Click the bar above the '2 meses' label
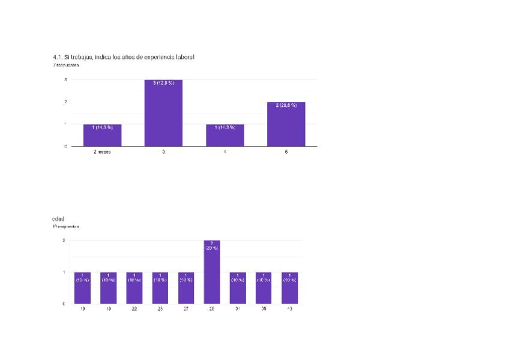click(103, 135)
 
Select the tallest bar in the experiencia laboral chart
click(163, 113)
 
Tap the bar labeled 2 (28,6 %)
click(286, 124)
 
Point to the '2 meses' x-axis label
click(102, 152)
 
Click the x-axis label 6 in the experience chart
click(286, 152)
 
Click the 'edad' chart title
click(58, 219)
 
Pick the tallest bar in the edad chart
click(212, 272)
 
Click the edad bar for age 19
click(108, 288)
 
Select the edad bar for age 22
click(134, 288)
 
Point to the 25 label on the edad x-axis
click(160, 310)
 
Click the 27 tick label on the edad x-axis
click(186, 310)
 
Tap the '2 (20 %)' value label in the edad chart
click(212, 245)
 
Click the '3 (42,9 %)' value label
click(163, 83)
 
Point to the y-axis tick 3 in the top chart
click(65, 80)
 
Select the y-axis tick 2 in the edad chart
click(64, 241)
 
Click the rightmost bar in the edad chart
click(289, 288)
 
